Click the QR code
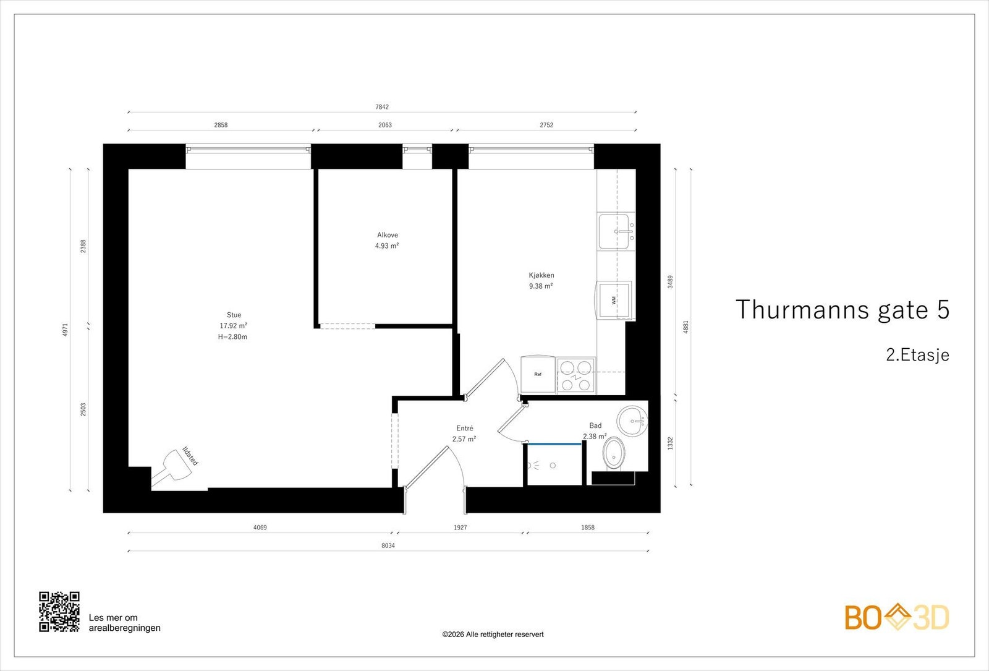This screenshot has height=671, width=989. coord(59,612)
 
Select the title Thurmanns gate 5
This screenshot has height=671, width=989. coord(843,309)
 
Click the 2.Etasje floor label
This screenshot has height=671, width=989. coord(917,355)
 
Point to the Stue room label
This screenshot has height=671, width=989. coord(234,315)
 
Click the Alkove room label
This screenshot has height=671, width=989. coord(387,235)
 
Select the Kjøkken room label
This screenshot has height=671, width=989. coord(541,275)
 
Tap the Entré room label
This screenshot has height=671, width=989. coord(464,428)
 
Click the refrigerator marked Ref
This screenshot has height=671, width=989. coord(538,374)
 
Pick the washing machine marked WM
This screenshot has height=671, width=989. coord(614,301)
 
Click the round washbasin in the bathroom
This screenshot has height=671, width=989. coord(632,421)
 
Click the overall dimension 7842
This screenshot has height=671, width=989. coord(382,107)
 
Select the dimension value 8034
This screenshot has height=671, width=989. coord(388,545)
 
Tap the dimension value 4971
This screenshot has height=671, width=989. coord(66,330)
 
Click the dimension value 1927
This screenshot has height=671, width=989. coord(460,528)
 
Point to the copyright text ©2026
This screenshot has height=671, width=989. coord(493,635)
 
